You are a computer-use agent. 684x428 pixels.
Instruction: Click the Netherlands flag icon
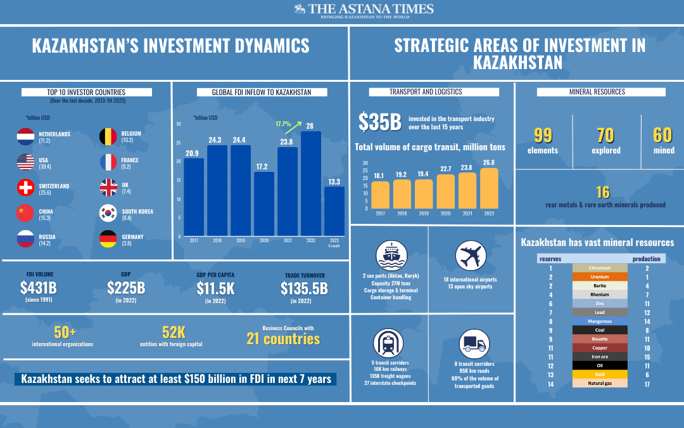(x=25, y=137)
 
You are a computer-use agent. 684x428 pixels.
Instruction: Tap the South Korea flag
(x=109, y=214)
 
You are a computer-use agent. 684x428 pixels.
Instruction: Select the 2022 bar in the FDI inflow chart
(x=311, y=184)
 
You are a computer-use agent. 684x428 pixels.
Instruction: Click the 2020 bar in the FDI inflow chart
(x=264, y=204)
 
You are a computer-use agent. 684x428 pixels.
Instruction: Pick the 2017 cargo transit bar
(x=381, y=195)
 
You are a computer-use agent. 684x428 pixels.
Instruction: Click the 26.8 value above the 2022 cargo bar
(x=490, y=162)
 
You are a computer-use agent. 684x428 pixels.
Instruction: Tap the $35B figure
(x=380, y=122)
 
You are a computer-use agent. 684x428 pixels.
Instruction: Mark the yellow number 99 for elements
(x=543, y=136)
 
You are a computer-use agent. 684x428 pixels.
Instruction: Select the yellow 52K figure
(x=174, y=332)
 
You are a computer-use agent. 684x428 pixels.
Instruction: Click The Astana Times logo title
(x=364, y=9)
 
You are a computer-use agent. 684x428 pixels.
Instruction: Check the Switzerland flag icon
(x=25, y=188)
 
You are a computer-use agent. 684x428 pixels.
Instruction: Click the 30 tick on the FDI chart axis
(x=179, y=124)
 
